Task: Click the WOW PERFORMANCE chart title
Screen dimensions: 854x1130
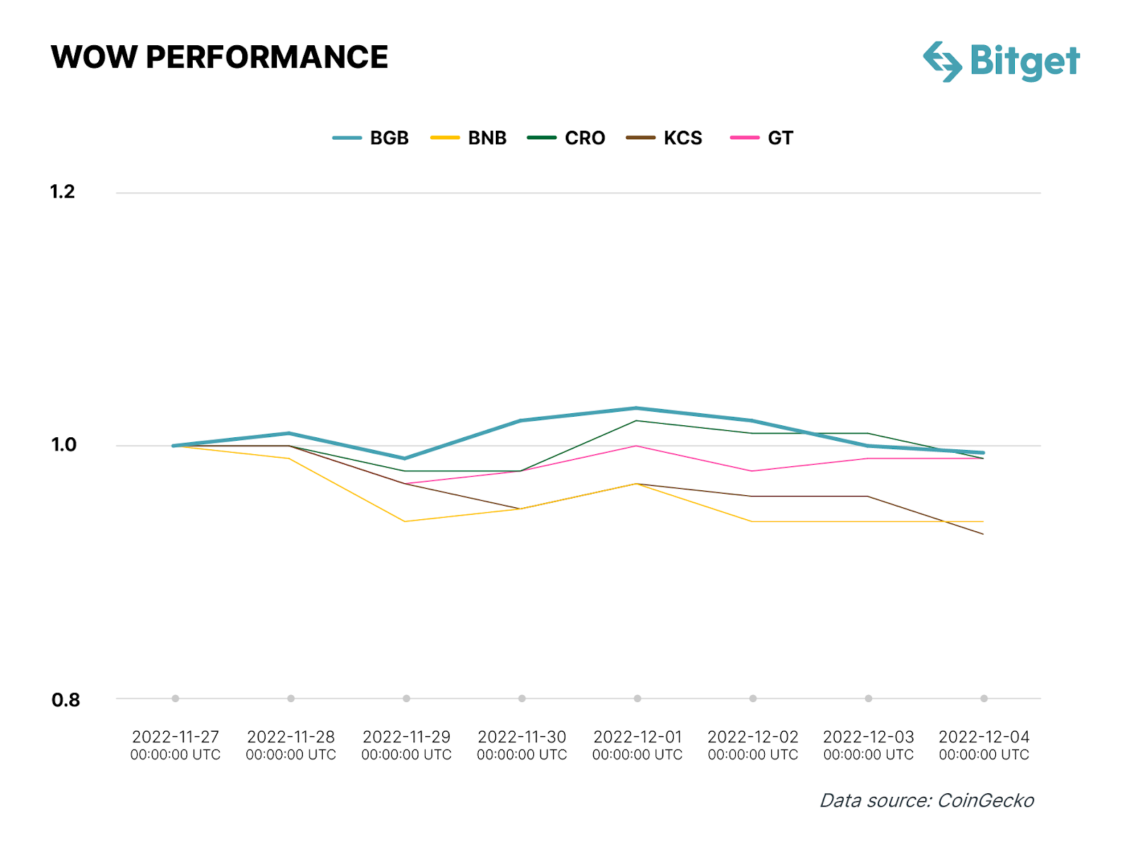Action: [219, 57]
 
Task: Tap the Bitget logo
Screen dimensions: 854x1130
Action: [1001, 61]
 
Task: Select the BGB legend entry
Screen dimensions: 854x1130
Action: [371, 138]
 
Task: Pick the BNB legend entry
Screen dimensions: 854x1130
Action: [470, 138]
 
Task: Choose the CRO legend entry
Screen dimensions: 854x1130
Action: [567, 138]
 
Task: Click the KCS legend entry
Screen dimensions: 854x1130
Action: [665, 138]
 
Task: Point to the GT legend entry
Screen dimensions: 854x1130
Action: [763, 138]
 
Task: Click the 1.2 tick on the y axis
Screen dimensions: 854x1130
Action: [62, 192]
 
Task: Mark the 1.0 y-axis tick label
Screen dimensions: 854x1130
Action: [64, 445]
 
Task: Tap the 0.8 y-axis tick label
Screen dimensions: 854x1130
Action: [65, 700]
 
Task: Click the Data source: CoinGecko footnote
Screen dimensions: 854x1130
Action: [926, 800]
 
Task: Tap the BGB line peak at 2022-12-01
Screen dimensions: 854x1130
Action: [637, 408]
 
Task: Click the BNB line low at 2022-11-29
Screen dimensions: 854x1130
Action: [405, 521]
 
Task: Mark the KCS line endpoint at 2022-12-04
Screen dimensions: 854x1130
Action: [983, 534]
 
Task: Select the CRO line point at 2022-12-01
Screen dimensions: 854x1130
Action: [637, 421]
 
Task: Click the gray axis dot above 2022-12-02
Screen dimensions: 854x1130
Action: [753, 699]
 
